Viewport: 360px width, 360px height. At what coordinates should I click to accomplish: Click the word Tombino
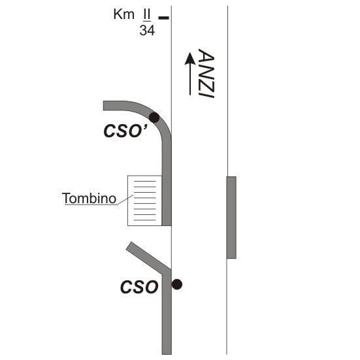[89, 199]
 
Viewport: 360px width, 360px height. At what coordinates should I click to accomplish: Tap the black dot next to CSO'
[154, 118]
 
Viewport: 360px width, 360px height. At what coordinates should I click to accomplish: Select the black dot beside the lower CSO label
[177, 284]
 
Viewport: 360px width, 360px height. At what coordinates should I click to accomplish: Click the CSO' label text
[125, 131]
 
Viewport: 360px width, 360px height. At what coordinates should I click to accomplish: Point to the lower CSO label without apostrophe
[139, 287]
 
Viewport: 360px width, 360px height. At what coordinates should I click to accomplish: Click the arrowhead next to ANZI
[190, 59]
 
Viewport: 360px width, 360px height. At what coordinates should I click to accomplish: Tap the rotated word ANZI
[206, 73]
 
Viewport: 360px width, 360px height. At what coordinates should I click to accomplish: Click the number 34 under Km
[147, 30]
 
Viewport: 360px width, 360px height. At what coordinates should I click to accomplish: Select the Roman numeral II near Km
[147, 14]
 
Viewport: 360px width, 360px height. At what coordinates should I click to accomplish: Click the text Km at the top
[123, 14]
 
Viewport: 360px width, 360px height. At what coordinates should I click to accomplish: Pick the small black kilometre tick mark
[164, 18]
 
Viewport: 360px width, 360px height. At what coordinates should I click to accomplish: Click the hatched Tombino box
[144, 201]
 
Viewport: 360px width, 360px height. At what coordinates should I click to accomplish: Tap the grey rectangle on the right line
[231, 218]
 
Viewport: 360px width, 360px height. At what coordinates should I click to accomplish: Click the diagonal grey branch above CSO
[148, 257]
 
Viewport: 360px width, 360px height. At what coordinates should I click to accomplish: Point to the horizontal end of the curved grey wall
[104, 106]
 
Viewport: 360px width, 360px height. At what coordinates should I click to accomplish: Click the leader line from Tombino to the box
[125, 199]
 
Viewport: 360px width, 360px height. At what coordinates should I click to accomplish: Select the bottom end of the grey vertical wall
[167, 353]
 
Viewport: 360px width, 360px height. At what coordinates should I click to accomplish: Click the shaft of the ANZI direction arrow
[190, 80]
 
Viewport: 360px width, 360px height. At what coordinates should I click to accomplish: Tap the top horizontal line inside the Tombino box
[145, 181]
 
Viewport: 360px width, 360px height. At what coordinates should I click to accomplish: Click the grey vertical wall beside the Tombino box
[167, 201]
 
